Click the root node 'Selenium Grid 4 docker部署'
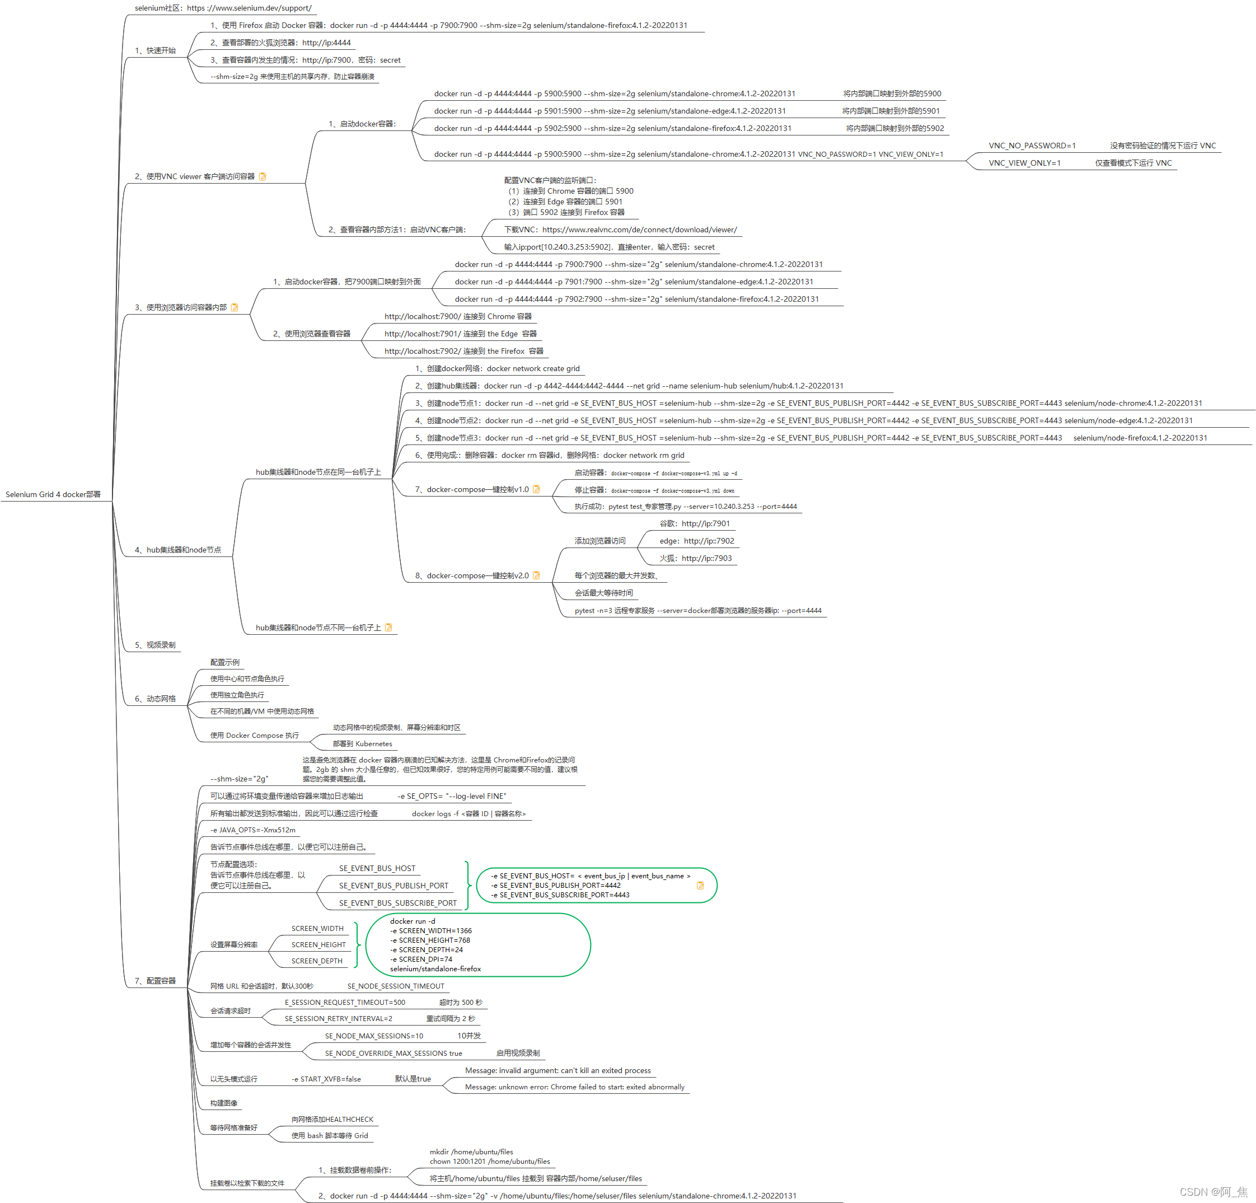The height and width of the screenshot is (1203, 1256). pos(53,494)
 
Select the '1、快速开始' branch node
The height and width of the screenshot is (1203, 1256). pos(155,50)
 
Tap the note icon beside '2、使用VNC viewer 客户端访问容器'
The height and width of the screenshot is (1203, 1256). pos(262,176)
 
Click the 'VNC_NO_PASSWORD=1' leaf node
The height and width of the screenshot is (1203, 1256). pos(1032,146)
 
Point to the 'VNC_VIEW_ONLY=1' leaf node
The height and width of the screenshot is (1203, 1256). pos(1024,163)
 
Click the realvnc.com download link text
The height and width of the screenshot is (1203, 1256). pos(639,230)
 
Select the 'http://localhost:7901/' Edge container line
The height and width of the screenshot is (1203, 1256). pos(460,333)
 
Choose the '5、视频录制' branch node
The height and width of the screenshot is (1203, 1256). pos(155,645)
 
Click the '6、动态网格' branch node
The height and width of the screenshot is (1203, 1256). pos(155,699)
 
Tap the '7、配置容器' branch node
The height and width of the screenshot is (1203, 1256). pos(155,981)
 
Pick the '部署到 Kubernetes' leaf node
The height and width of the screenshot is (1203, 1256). pos(362,743)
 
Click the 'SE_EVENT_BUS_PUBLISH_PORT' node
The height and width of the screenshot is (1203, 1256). pos(393,885)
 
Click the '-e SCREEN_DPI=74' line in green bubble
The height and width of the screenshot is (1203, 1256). pos(421,959)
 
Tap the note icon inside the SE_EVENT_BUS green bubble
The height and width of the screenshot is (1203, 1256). pos(700,885)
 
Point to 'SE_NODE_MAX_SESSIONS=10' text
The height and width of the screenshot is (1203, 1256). pos(373,1036)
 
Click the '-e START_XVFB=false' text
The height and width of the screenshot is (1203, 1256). pos(326,1079)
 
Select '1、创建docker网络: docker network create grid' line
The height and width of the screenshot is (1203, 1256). pos(497,368)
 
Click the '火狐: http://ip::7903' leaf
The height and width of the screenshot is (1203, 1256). pos(695,558)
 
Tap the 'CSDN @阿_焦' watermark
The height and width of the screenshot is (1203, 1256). pos(1213,1191)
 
